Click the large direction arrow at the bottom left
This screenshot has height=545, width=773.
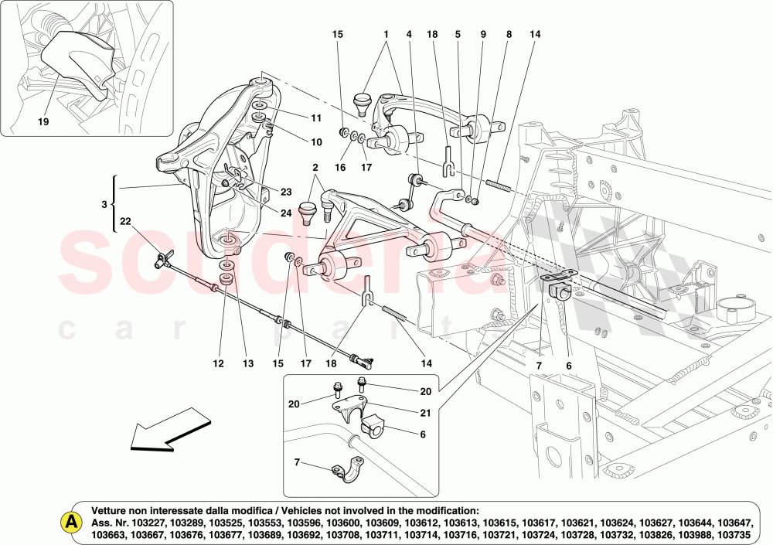click(171, 434)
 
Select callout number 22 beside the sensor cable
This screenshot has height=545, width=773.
click(125, 222)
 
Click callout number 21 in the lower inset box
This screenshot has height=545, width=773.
click(424, 414)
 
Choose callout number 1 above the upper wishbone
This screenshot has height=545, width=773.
click(384, 35)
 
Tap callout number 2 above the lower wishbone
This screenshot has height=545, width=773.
click(315, 168)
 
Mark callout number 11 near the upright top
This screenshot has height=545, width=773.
click(315, 118)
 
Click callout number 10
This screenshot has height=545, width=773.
click(315, 142)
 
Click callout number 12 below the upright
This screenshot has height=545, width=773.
click(218, 364)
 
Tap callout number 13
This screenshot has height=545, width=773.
click(248, 364)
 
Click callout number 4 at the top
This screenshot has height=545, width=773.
click(409, 35)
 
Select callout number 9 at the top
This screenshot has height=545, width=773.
click(483, 35)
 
